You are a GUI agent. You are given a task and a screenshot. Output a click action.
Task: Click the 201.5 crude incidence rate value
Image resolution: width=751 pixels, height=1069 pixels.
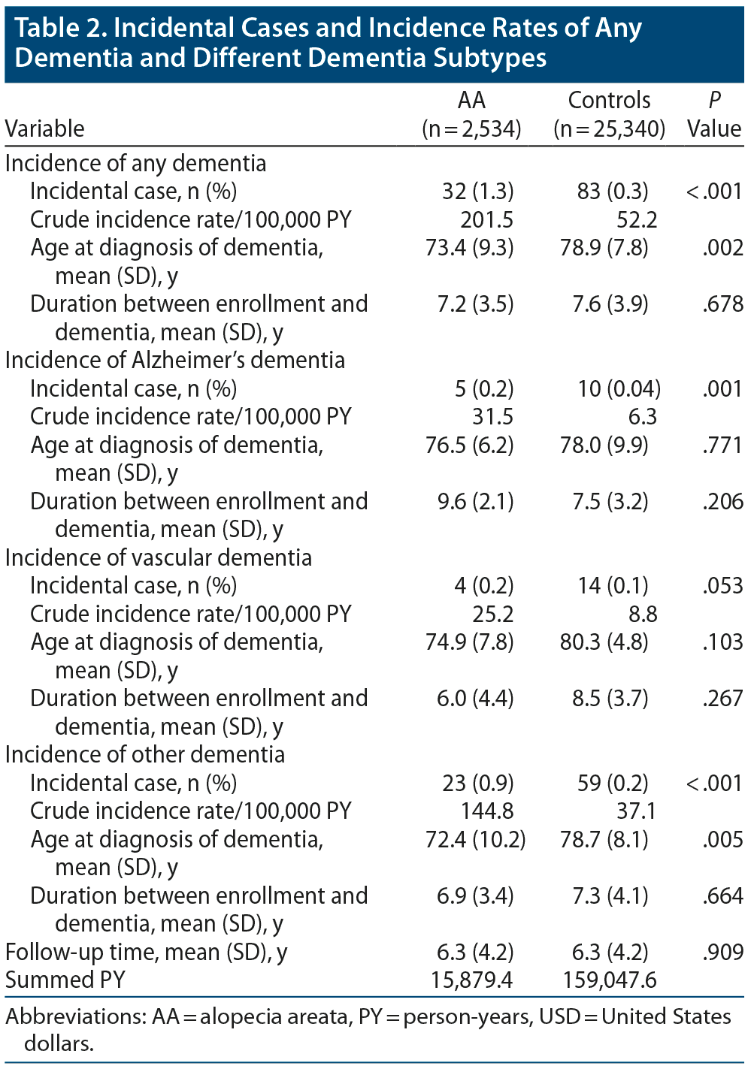486,219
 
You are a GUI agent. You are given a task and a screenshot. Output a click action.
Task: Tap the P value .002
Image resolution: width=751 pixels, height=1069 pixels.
722,247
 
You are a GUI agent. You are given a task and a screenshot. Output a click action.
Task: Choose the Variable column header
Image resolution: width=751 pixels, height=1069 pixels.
44,128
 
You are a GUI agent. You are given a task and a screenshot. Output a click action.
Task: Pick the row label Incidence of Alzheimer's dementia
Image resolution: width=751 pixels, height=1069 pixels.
175,360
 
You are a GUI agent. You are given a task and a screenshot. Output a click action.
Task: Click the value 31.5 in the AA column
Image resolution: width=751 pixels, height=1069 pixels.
492,416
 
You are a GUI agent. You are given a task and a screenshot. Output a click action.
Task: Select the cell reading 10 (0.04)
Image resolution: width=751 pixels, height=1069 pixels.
619,388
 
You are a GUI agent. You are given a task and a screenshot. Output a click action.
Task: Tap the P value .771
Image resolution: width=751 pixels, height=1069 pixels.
722,445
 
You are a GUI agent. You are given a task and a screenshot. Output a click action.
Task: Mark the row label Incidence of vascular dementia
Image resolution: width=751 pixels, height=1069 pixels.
159,557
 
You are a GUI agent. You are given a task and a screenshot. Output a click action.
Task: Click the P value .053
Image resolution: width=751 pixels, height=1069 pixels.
722,585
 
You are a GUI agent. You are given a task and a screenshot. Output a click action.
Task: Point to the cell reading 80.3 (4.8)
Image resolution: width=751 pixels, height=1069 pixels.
604,642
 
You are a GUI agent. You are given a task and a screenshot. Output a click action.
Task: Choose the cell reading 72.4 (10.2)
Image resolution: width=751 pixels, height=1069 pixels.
475,839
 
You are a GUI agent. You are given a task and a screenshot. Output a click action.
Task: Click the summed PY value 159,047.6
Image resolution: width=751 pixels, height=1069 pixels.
610,980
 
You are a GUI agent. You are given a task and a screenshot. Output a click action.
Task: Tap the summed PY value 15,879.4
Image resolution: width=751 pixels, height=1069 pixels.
472,980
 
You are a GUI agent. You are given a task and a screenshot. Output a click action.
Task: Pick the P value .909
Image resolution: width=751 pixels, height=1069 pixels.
722,952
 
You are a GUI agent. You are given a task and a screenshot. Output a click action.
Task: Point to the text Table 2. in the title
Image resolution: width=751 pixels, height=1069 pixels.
60,28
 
